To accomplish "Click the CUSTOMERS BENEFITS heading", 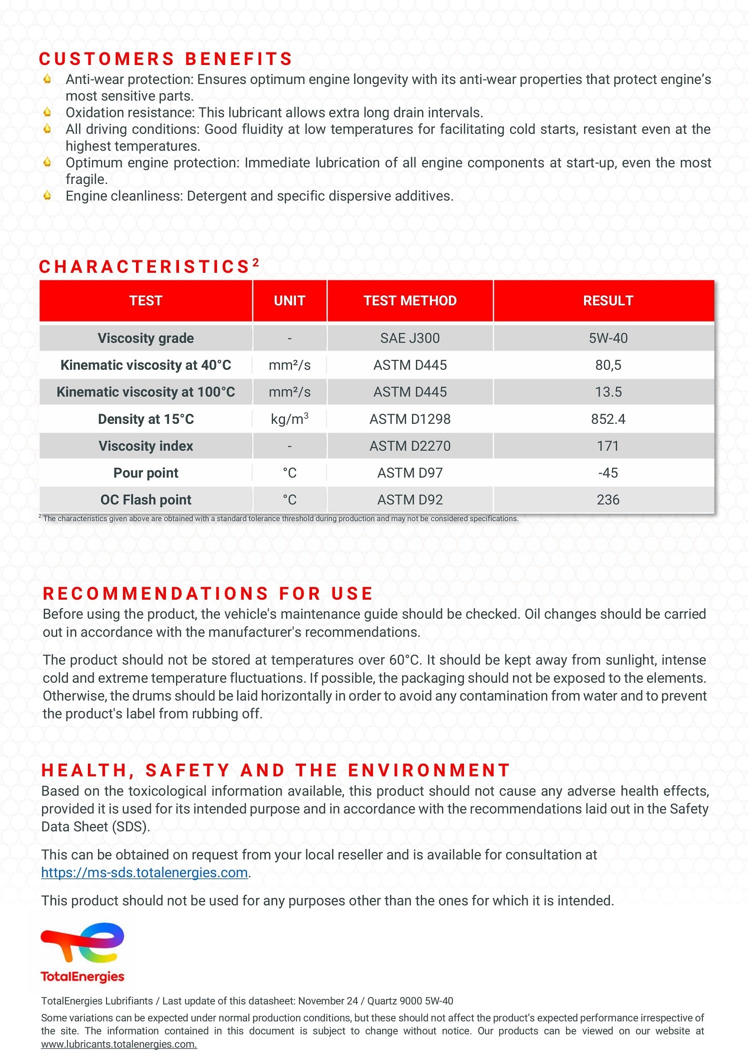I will tap(165, 59).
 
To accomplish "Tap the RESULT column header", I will tap(608, 300).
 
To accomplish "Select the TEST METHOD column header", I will tap(410, 300).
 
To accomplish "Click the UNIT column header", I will tap(289, 300).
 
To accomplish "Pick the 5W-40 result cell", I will tap(608, 338).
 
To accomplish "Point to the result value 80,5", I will tap(608, 365).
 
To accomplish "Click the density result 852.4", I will tap(608, 419).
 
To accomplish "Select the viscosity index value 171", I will tap(608, 446).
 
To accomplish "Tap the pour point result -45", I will tap(608, 473).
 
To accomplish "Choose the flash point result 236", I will tap(608, 500).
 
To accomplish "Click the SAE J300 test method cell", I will tap(410, 338).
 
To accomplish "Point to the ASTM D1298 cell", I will tap(410, 419).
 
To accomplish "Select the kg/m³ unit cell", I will tap(289, 419).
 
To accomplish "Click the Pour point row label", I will tap(146, 473).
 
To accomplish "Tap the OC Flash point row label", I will tap(146, 500).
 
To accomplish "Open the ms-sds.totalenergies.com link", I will tap(144, 873).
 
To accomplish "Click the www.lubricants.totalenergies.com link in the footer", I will tap(119, 1045).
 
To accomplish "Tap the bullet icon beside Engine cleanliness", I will tap(47, 195).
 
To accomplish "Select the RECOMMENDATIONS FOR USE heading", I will tap(208, 594).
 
